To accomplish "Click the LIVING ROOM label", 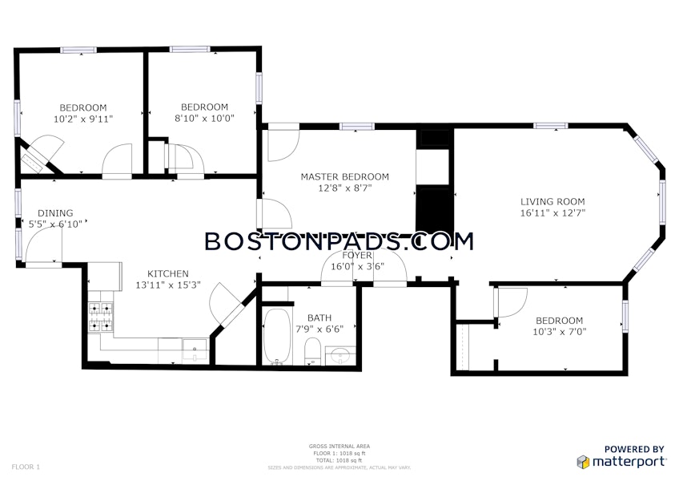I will click(552, 202).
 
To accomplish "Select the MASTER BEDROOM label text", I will click(344, 176).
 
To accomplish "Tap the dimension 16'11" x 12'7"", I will click(552, 213).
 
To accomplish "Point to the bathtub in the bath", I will click(276, 337).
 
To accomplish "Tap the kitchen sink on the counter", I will click(195, 347).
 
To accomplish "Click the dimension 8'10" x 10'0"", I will click(204, 118).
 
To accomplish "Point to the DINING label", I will click(55, 213).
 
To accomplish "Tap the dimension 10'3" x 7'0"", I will click(559, 332).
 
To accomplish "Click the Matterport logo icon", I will click(584, 462).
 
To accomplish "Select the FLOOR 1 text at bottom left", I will click(26, 466).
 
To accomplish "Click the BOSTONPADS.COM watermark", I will click(339, 241).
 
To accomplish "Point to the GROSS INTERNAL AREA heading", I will click(339, 446).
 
